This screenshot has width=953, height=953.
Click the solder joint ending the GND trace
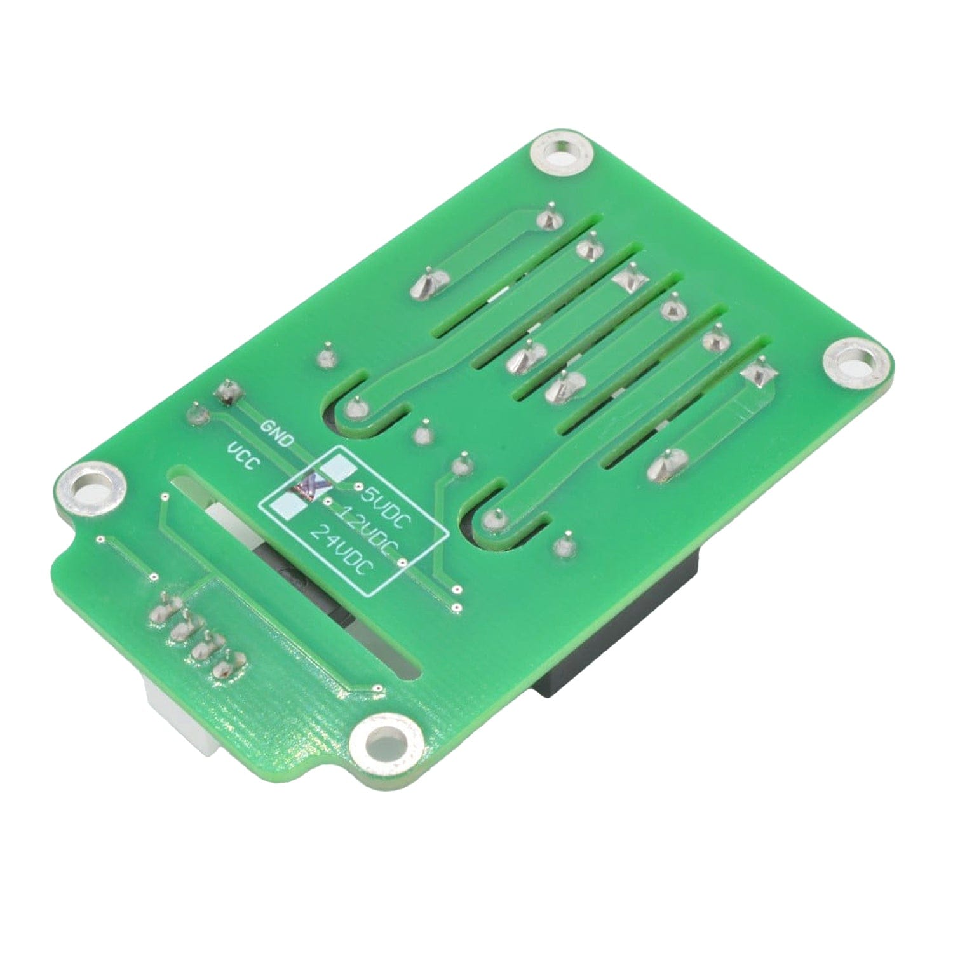[x=227, y=393]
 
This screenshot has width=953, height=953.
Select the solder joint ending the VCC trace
[x=196, y=416]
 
